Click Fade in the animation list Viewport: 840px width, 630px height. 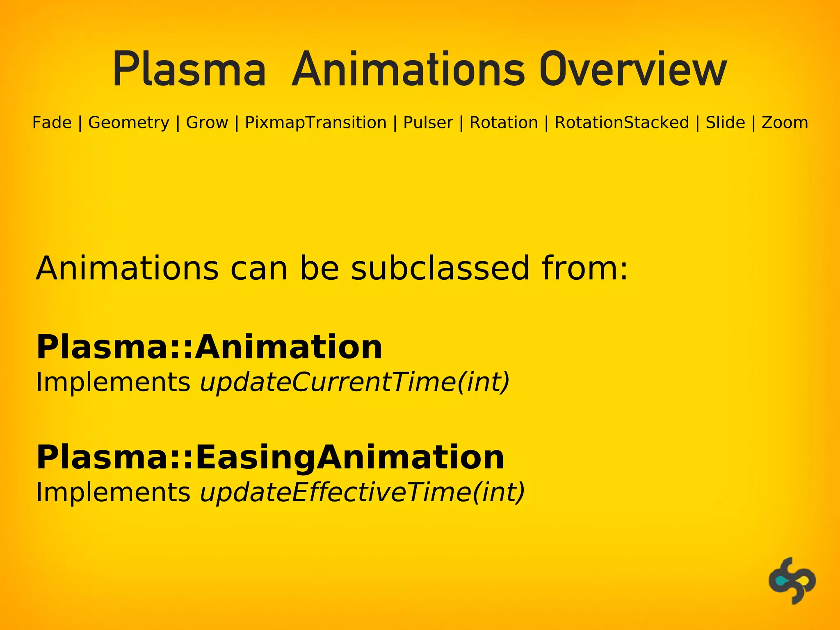(x=52, y=123)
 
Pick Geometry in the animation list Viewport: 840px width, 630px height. (x=129, y=123)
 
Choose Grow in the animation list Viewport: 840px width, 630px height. (x=207, y=123)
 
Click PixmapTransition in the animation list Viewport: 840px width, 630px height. (x=315, y=123)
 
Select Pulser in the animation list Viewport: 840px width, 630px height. (x=428, y=123)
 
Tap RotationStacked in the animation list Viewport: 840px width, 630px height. (x=622, y=123)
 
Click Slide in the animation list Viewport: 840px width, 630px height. (x=725, y=123)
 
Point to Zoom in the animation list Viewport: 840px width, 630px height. (x=785, y=123)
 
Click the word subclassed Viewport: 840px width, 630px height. (x=441, y=269)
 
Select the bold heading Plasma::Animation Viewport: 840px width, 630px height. (x=209, y=347)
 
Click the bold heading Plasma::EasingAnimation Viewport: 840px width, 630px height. (x=270, y=458)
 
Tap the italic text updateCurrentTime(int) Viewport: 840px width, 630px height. (x=355, y=382)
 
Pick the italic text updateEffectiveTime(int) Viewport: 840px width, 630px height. (x=362, y=492)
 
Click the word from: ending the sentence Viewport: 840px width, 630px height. (x=585, y=269)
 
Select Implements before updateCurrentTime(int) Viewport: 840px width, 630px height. (x=113, y=382)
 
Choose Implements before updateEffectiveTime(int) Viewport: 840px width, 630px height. (x=113, y=492)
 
